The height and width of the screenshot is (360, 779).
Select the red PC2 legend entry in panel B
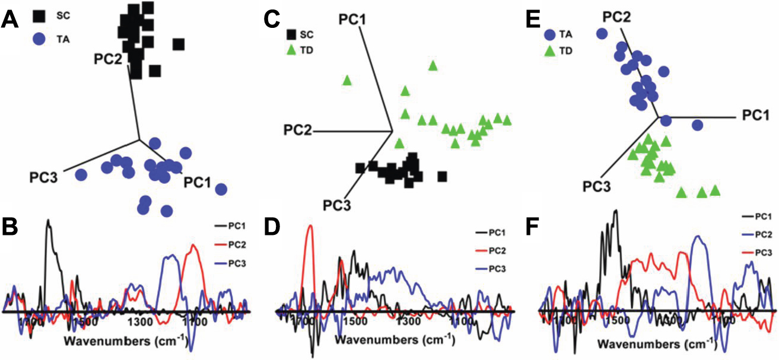(x=233, y=244)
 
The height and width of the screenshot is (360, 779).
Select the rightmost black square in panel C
(x=443, y=176)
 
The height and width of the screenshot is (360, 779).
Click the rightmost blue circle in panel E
(x=698, y=125)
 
